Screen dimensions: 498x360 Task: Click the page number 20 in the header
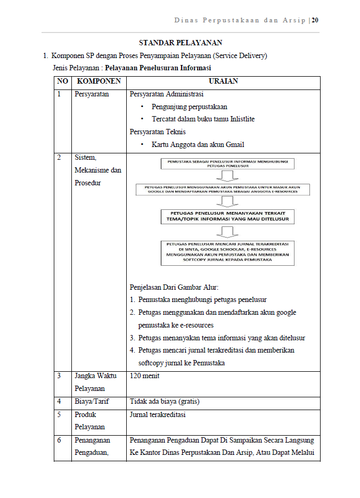(315, 20)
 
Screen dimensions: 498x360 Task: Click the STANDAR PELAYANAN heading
(181, 43)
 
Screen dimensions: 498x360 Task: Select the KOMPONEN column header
(99, 81)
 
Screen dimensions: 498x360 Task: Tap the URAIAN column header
(223, 81)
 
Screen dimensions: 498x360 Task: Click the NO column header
(62, 81)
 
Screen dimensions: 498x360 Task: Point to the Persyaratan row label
(92, 94)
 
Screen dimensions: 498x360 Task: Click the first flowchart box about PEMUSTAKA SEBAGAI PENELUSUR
(227, 163)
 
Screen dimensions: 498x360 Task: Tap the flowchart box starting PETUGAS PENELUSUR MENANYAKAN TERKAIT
(227, 216)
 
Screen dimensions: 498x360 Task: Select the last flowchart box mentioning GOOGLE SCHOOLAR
(227, 252)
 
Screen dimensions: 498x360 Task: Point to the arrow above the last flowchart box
(227, 232)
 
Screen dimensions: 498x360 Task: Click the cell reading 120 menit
(144, 376)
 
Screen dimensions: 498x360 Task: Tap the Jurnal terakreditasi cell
(158, 414)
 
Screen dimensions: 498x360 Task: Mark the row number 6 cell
(60, 440)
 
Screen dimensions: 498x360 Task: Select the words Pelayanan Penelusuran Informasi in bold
(158, 68)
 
